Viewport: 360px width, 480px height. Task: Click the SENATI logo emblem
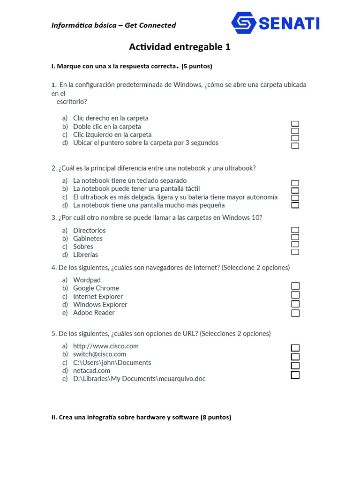[244, 23]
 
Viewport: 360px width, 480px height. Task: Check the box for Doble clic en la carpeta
[295, 131]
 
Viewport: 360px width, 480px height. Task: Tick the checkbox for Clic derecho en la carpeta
[295, 124]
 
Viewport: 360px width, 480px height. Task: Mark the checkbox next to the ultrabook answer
[295, 198]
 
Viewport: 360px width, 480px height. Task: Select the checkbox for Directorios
[295, 230]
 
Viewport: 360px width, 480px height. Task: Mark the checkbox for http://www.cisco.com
[295, 348]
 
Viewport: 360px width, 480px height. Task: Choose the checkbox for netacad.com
[295, 375]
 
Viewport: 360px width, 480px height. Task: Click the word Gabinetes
[88, 239]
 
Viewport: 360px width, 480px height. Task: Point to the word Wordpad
[87, 280]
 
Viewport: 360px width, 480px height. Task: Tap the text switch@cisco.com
[99, 354]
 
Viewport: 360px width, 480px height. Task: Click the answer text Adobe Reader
[94, 313]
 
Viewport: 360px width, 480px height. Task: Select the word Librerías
[85, 255]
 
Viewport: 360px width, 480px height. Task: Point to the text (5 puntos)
[197, 67]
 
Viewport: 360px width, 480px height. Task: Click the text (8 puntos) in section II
[216, 417]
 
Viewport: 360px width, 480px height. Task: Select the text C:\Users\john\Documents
[112, 363]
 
